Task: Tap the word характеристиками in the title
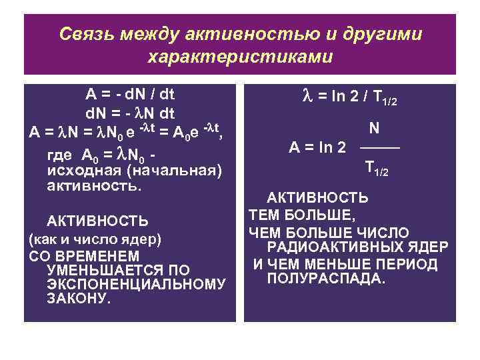pos(239,57)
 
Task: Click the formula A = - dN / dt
pos(129,93)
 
